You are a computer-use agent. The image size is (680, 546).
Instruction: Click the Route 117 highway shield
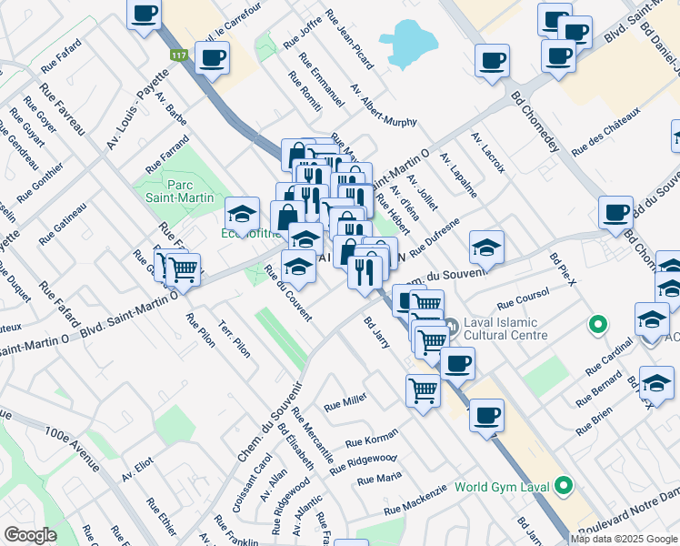click(x=179, y=56)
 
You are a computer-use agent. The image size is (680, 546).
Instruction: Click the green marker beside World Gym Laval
click(x=564, y=486)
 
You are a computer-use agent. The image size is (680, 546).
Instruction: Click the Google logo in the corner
click(x=30, y=535)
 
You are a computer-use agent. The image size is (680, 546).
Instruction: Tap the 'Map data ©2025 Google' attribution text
click(x=624, y=539)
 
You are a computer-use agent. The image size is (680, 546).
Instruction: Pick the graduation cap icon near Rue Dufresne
click(x=486, y=247)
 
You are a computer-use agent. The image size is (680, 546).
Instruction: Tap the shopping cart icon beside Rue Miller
click(x=423, y=389)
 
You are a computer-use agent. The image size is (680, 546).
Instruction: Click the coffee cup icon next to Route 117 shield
click(x=212, y=59)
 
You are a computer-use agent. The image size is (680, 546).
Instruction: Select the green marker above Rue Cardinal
click(x=597, y=323)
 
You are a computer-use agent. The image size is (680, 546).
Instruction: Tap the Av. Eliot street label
click(x=137, y=470)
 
